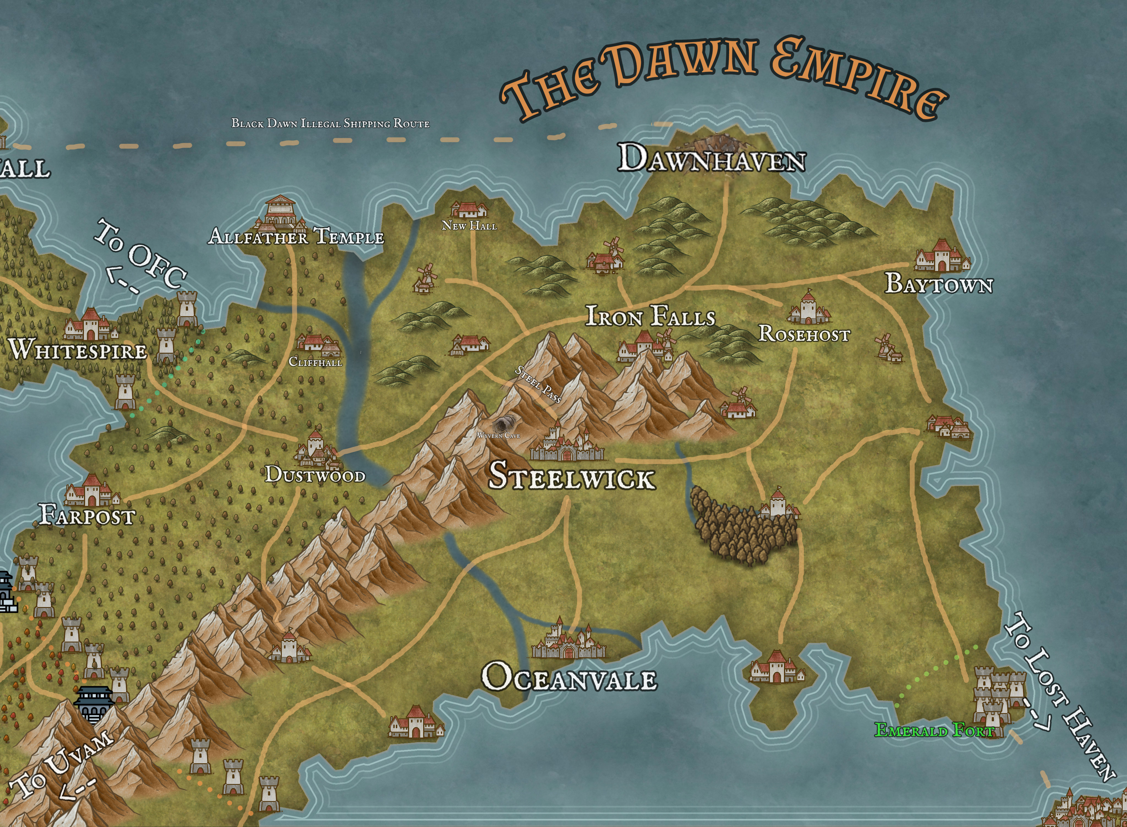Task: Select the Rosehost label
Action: [804, 334]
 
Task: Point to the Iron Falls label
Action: [650, 316]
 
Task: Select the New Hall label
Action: [469, 226]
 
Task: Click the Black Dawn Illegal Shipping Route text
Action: [330, 123]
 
